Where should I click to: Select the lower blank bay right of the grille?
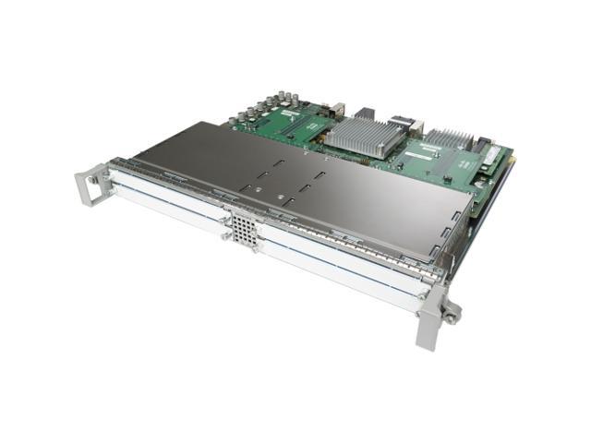342,270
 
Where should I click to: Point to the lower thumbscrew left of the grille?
224,238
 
